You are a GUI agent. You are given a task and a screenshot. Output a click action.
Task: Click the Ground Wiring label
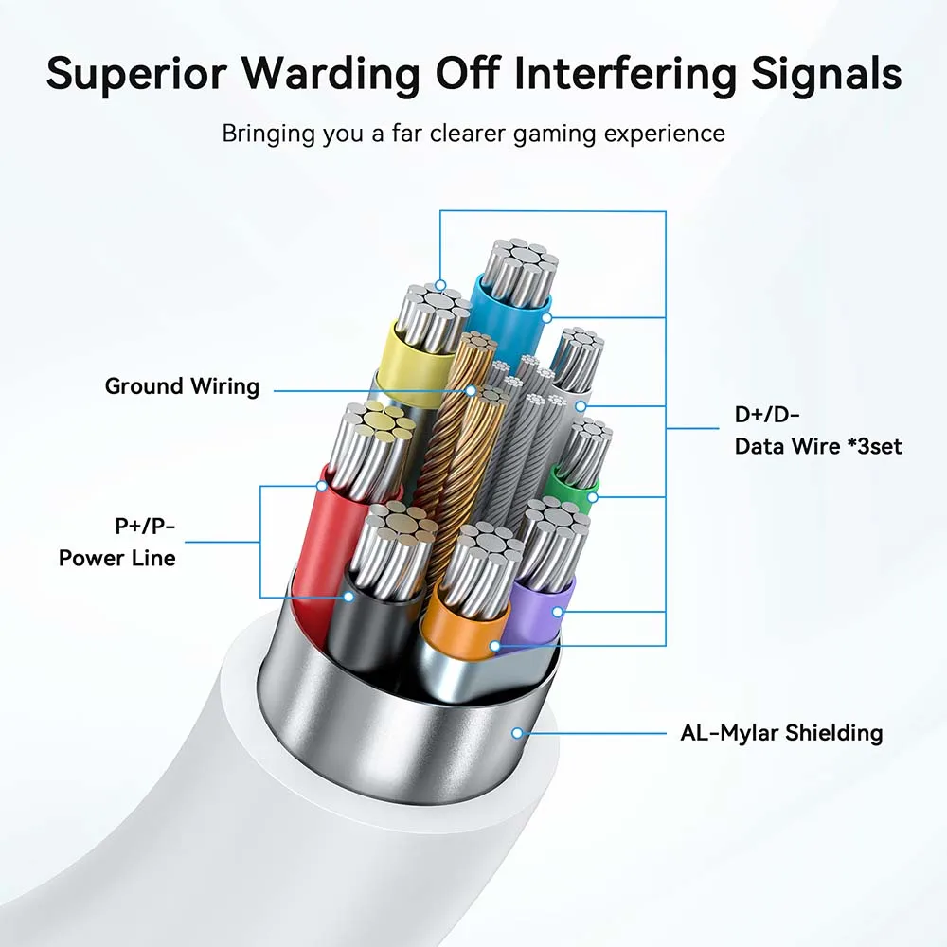coord(181,386)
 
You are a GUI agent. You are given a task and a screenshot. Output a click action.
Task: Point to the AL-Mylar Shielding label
coord(781,732)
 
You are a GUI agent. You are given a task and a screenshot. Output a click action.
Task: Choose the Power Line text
coord(116,558)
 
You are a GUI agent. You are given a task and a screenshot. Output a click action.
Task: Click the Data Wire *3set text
coord(818,444)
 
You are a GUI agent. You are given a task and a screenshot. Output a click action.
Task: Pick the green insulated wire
coord(573,486)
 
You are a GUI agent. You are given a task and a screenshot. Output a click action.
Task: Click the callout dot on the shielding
coord(517,732)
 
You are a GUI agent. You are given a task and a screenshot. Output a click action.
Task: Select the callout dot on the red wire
coord(322,486)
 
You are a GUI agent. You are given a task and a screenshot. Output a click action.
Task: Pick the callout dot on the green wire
coord(593,495)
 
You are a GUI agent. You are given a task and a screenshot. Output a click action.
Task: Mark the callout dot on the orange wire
coord(493,647)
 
